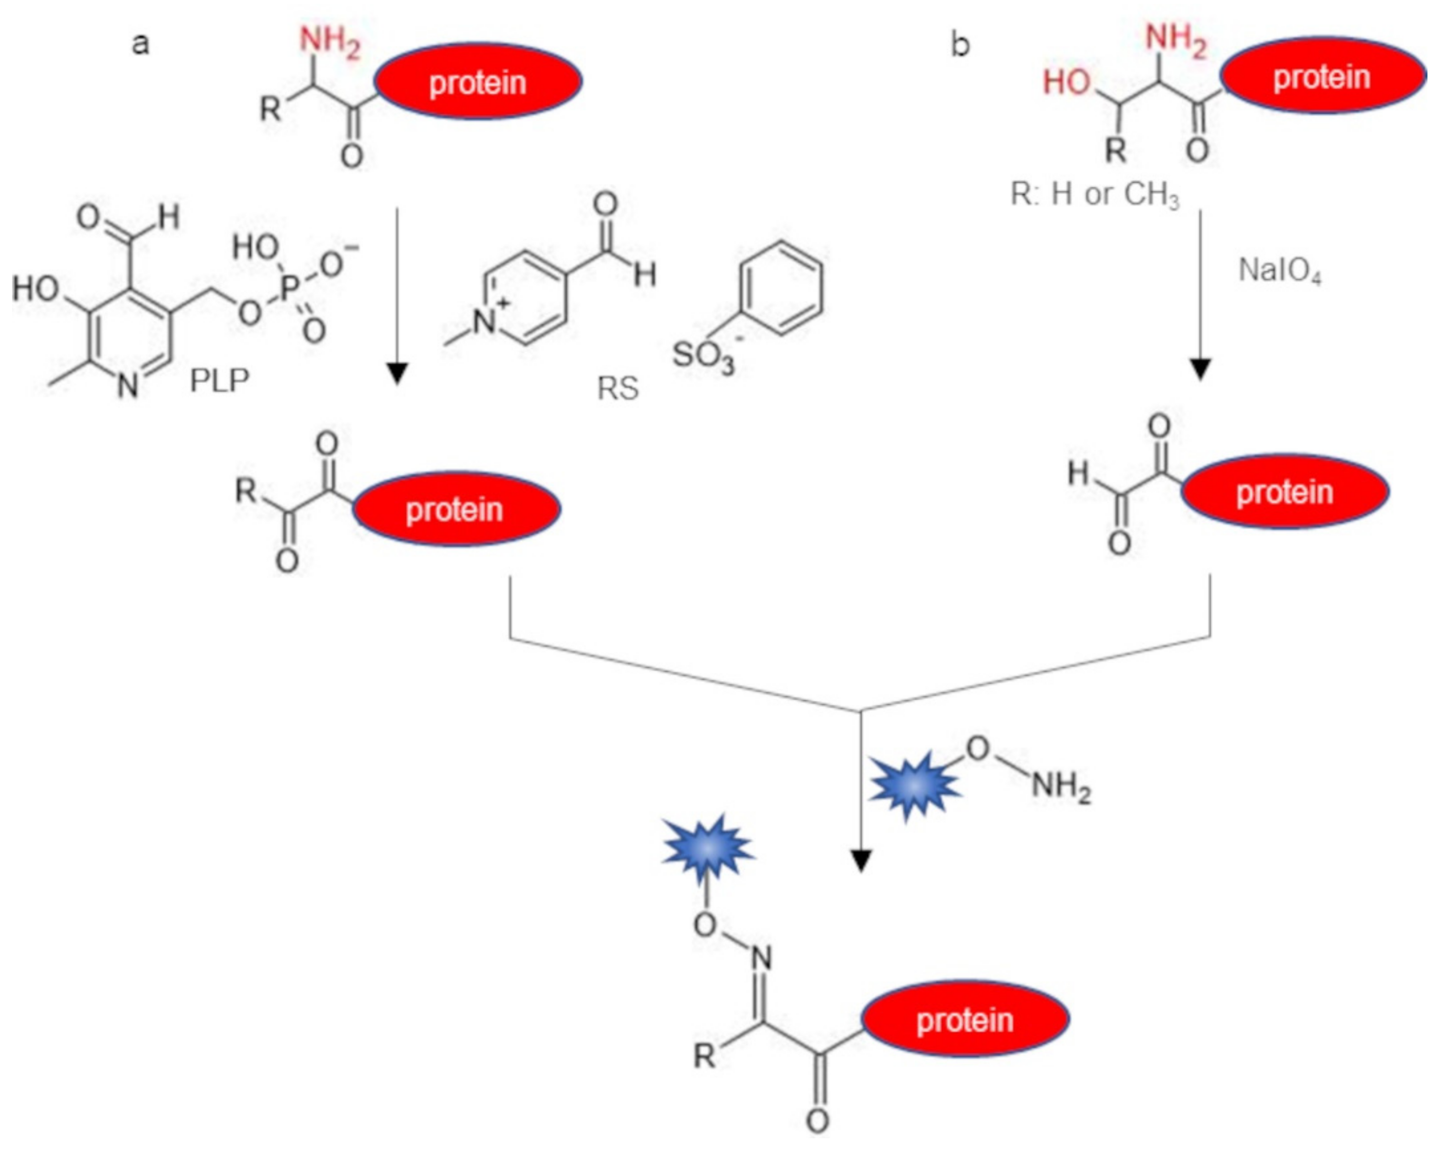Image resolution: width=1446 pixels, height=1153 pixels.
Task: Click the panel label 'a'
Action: point(140,44)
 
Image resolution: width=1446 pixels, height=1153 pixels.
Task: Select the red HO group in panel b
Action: point(1067,83)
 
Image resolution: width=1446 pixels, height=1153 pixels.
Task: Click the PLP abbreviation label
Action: point(219,381)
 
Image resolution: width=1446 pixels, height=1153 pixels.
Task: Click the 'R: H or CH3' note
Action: point(1094,194)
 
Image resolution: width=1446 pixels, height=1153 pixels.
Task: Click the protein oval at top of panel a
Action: point(477,82)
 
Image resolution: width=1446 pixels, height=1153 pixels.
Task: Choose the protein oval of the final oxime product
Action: point(964,1020)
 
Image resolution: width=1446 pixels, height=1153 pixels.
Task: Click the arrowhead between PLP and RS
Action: point(398,373)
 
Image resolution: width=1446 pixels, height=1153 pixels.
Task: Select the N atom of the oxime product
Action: point(761,959)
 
